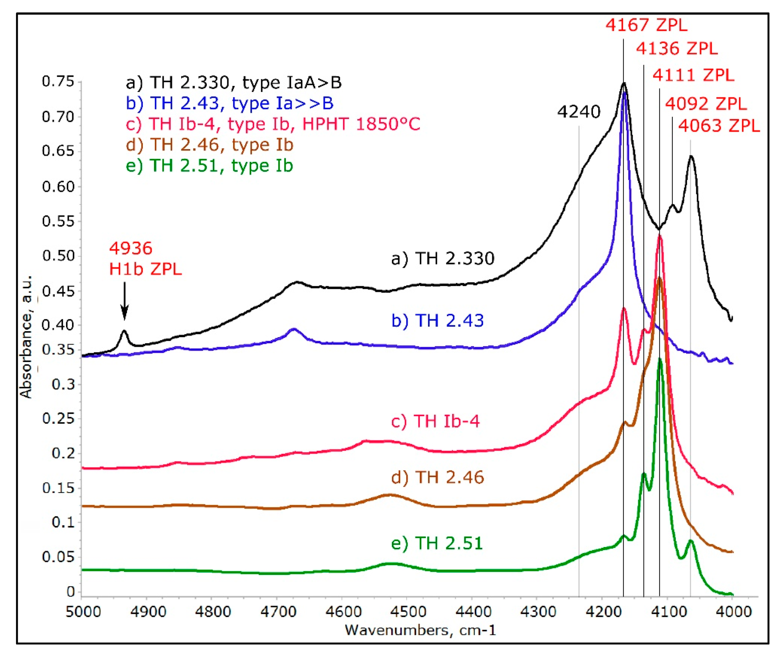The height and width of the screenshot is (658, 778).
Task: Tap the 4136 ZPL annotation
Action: pyautogui.click(x=676, y=49)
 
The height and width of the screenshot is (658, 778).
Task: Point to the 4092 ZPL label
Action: pyautogui.click(x=706, y=104)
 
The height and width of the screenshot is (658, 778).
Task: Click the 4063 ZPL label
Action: pyautogui.click(x=719, y=126)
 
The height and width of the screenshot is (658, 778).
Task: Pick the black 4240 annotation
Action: pyautogui.click(x=579, y=112)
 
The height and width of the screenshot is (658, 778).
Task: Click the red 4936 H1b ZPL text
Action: pyautogui.click(x=145, y=259)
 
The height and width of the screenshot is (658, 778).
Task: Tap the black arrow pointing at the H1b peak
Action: pyautogui.click(x=125, y=301)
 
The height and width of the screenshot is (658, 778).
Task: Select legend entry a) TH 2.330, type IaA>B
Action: pyautogui.click(x=234, y=83)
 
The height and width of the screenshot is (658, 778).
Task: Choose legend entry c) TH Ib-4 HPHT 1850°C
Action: pyautogui.click(x=273, y=124)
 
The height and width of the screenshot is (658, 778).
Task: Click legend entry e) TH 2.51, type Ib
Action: pyautogui.click(x=209, y=166)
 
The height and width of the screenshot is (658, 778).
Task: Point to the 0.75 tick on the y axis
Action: pyautogui.click(x=58, y=81)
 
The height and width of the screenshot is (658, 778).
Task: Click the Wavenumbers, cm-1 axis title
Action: pyautogui.click(x=420, y=630)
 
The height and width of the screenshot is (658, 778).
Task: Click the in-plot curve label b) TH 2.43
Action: pyautogui.click(x=437, y=321)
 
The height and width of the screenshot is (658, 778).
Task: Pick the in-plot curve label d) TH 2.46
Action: pyautogui.click(x=437, y=477)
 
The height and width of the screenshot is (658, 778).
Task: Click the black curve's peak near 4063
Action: pyautogui.click(x=691, y=157)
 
